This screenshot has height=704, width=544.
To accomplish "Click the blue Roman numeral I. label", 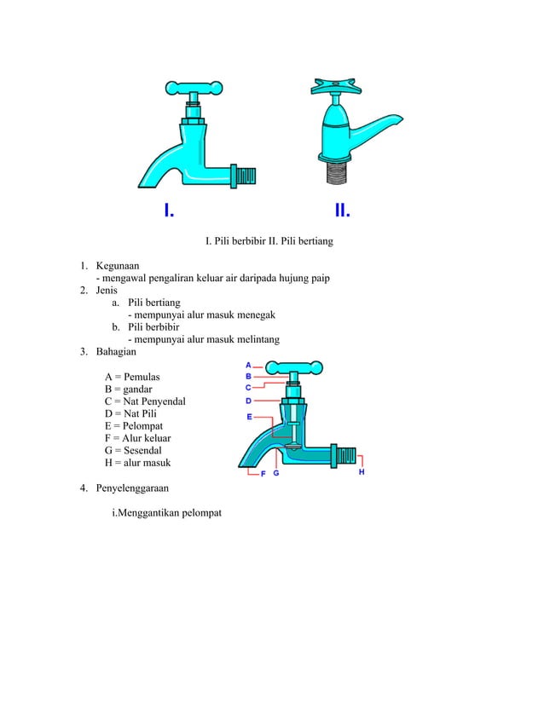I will (x=170, y=210).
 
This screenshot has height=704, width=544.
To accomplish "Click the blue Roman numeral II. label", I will (x=344, y=210).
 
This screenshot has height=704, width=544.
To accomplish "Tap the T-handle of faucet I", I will (x=194, y=87).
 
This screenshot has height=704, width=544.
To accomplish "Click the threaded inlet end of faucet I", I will (x=245, y=176).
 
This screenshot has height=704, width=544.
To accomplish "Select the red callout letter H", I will (x=362, y=470).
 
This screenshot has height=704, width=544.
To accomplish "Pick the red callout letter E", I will (x=249, y=417).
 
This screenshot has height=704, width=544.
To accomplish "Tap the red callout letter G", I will (x=276, y=474).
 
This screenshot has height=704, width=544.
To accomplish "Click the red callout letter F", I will (x=263, y=474).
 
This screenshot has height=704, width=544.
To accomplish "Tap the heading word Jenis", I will (x=107, y=290).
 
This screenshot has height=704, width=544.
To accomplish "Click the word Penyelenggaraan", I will (x=132, y=488).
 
